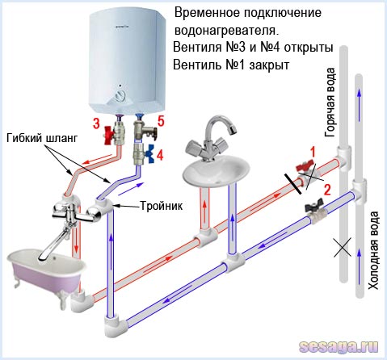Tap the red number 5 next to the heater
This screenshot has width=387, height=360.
point(160,123)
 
